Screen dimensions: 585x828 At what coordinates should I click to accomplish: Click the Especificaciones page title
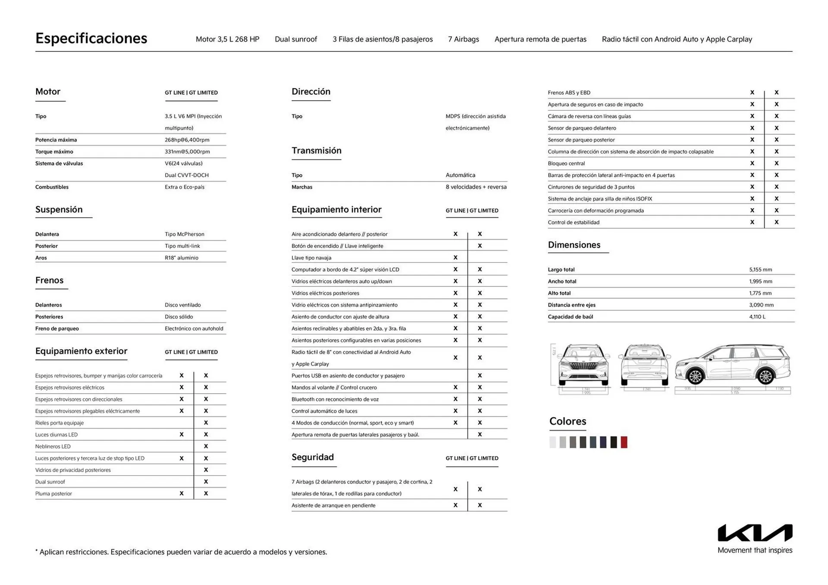click(x=91, y=38)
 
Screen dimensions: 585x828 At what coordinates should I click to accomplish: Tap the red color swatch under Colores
click(x=624, y=442)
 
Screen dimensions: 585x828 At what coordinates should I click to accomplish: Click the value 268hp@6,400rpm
click(x=187, y=140)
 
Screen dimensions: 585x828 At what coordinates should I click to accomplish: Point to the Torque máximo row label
click(x=54, y=152)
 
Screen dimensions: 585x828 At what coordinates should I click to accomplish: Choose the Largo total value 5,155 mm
click(x=760, y=270)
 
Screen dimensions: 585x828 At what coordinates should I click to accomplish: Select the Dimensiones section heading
click(x=574, y=245)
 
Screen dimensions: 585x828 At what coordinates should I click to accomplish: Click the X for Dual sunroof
click(x=206, y=482)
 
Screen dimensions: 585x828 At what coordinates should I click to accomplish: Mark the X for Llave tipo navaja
click(x=455, y=258)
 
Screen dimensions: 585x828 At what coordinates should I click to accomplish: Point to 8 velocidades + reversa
click(x=476, y=187)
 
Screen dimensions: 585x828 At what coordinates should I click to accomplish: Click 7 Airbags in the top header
click(x=463, y=39)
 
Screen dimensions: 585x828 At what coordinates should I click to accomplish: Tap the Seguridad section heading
click(x=312, y=457)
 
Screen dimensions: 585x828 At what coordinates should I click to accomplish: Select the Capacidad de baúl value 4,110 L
click(x=757, y=317)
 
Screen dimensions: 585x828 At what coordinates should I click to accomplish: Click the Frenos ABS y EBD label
click(x=569, y=93)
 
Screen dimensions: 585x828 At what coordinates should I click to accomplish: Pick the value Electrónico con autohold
click(x=194, y=329)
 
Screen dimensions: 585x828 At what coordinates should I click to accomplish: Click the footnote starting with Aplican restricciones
click(x=181, y=552)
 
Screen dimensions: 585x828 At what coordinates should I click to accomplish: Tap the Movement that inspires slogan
click(x=755, y=550)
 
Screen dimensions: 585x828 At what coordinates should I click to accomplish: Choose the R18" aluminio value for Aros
click(x=181, y=258)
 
